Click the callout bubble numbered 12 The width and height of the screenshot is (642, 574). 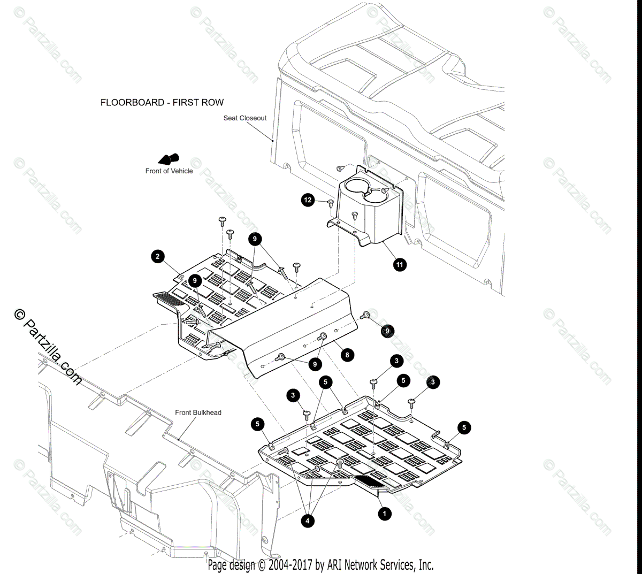click(308, 200)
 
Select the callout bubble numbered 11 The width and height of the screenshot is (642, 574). click(400, 264)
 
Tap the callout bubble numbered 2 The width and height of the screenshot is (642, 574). click(157, 257)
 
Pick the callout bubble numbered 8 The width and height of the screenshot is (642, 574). click(347, 354)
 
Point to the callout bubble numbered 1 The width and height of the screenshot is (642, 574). click(384, 514)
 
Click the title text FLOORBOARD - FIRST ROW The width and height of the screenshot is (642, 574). click(162, 102)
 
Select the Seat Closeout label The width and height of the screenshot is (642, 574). click(244, 118)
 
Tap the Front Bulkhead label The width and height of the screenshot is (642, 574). click(198, 412)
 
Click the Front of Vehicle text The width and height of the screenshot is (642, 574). click(169, 171)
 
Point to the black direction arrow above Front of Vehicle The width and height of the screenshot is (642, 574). click(169, 159)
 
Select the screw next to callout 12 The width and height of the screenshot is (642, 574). click(330, 203)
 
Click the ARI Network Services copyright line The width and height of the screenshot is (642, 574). click(320, 565)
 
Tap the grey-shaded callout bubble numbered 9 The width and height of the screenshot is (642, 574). click(387, 332)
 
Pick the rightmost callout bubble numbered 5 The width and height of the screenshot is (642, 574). click(464, 427)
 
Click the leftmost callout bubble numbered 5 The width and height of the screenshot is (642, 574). click(257, 424)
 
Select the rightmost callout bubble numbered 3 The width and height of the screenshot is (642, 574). click(433, 382)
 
